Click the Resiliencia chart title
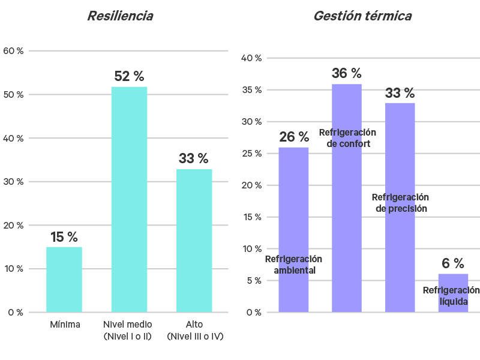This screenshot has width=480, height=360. (119, 16)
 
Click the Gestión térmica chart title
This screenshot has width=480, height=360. (362, 16)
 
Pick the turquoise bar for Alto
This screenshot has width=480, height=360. (194, 240)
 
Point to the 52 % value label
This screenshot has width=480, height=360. (129, 77)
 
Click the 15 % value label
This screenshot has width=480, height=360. (64, 238)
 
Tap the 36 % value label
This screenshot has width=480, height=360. (347, 74)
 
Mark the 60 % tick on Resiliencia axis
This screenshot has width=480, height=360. (13, 51)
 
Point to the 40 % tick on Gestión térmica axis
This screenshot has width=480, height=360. (251, 58)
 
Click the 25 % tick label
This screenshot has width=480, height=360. (251, 154)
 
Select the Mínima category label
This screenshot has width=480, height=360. (65, 325)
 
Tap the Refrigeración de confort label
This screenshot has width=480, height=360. (347, 138)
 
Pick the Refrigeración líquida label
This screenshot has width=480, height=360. (451, 296)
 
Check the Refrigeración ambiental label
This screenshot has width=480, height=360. (294, 265)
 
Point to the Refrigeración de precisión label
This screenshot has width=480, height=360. (400, 203)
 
